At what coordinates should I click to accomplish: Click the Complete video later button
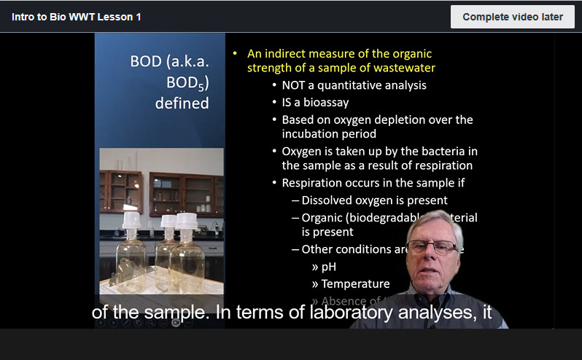(x=512, y=17)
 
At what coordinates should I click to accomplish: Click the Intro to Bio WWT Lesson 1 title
(x=77, y=17)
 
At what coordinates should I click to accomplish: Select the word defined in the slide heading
(x=182, y=103)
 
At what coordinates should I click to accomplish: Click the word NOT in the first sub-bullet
(x=295, y=85)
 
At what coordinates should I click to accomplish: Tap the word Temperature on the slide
(x=355, y=284)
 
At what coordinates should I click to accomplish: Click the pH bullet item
(x=328, y=267)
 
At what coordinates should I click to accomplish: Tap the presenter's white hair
(x=435, y=222)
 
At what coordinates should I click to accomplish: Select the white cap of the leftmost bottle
(x=131, y=219)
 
